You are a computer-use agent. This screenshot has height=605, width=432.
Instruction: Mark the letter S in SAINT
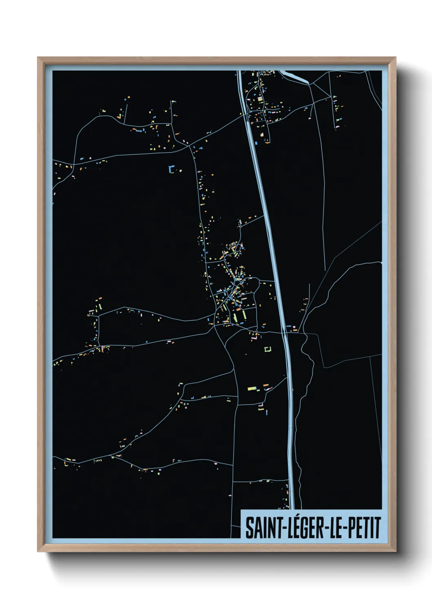click(249, 528)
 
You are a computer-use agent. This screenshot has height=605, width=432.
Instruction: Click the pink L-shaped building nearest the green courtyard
click(254, 337)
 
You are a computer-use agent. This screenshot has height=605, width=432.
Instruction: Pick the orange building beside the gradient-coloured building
click(265, 385)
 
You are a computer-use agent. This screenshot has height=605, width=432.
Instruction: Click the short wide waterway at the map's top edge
click(296, 76)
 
